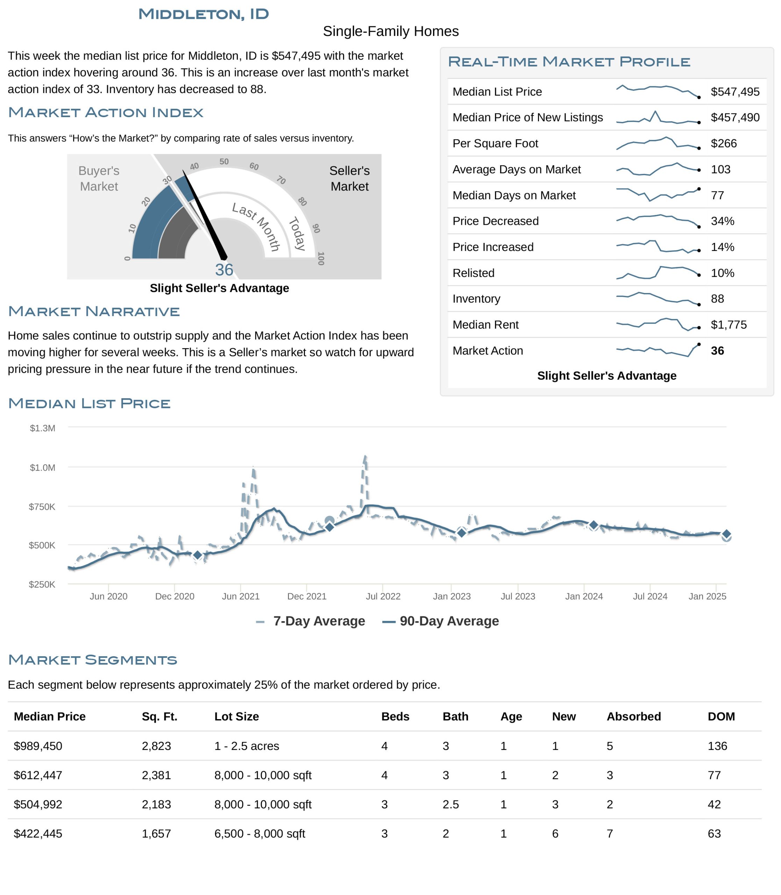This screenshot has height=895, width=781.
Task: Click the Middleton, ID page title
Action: pos(204,14)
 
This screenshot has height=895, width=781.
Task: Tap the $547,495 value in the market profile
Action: pos(735,92)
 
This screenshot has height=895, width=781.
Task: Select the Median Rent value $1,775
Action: pos(729,325)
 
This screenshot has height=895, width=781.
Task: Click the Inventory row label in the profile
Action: pos(476,299)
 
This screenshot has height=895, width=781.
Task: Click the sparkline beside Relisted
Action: pos(658,272)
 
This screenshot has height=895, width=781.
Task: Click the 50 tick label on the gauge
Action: pos(224,162)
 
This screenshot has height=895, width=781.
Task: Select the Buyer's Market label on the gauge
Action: pos(99,178)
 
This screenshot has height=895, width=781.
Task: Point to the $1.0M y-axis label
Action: pos(42,467)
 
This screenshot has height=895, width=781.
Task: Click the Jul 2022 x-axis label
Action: pos(383,596)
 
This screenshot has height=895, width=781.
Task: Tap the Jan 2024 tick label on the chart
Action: pos(584,596)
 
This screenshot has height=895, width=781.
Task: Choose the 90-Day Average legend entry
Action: pos(441,621)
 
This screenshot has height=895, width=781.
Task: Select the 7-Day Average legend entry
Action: pos(310,621)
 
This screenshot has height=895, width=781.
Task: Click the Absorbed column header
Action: pos(634,716)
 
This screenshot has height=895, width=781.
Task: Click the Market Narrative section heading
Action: pos(94,311)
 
